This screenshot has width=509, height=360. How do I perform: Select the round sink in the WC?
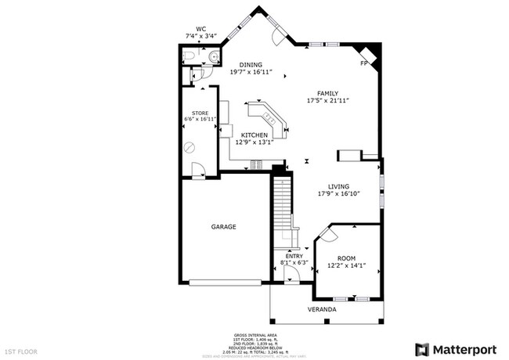click(x=215, y=56)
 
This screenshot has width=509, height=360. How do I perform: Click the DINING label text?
click(x=251, y=65)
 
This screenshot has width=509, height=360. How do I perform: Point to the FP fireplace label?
click(x=363, y=62)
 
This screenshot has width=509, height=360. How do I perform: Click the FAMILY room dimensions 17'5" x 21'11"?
click(x=327, y=100)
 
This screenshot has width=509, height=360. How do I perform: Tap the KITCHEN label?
click(x=254, y=135)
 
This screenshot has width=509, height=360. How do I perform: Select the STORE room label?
click(x=200, y=113)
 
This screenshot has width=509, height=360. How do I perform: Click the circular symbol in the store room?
click(x=189, y=146)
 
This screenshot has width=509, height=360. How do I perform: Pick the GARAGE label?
click(x=223, y=227)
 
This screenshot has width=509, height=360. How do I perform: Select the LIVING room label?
click(x=338, y=186)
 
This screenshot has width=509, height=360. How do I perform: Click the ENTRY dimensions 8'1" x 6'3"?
click(x=294, y=262)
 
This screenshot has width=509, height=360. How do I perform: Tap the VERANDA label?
click(x=321, y=309)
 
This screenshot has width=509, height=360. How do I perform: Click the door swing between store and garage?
click(x=199, y=170)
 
